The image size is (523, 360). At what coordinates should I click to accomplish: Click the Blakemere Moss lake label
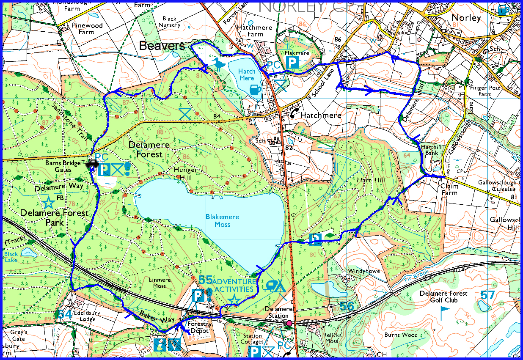(x=222, y=220)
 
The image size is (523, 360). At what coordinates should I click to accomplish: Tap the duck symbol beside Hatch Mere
(x=218, y=65)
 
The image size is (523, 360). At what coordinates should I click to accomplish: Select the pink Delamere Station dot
(x=289, y=324)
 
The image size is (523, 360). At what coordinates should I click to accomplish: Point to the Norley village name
(x=466, y=18)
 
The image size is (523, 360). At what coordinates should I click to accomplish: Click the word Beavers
(x=162, y=46)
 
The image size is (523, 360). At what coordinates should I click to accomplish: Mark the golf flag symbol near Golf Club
(x=444, y=313)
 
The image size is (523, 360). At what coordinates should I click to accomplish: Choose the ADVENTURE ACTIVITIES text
(x=234, y=286)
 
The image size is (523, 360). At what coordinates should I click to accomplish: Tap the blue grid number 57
(x=487, y=295)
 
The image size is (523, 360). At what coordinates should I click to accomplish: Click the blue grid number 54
(x=65, y=314)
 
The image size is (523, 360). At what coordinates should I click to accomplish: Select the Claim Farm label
(x=449, y=189)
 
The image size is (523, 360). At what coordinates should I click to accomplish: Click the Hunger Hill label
(x=185, y=173)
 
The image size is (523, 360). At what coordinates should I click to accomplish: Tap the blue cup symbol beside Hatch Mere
(x=255, y=90)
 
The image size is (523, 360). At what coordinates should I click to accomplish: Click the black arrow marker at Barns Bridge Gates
(x=91, y=165)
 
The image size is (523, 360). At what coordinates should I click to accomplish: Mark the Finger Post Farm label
(x=484, y=91)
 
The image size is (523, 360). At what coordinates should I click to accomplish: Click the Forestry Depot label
(x=198, y=327)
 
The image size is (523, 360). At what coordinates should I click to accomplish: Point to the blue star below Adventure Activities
(x=234, y=301)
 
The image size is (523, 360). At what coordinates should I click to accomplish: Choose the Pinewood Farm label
(x=87, y=29)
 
